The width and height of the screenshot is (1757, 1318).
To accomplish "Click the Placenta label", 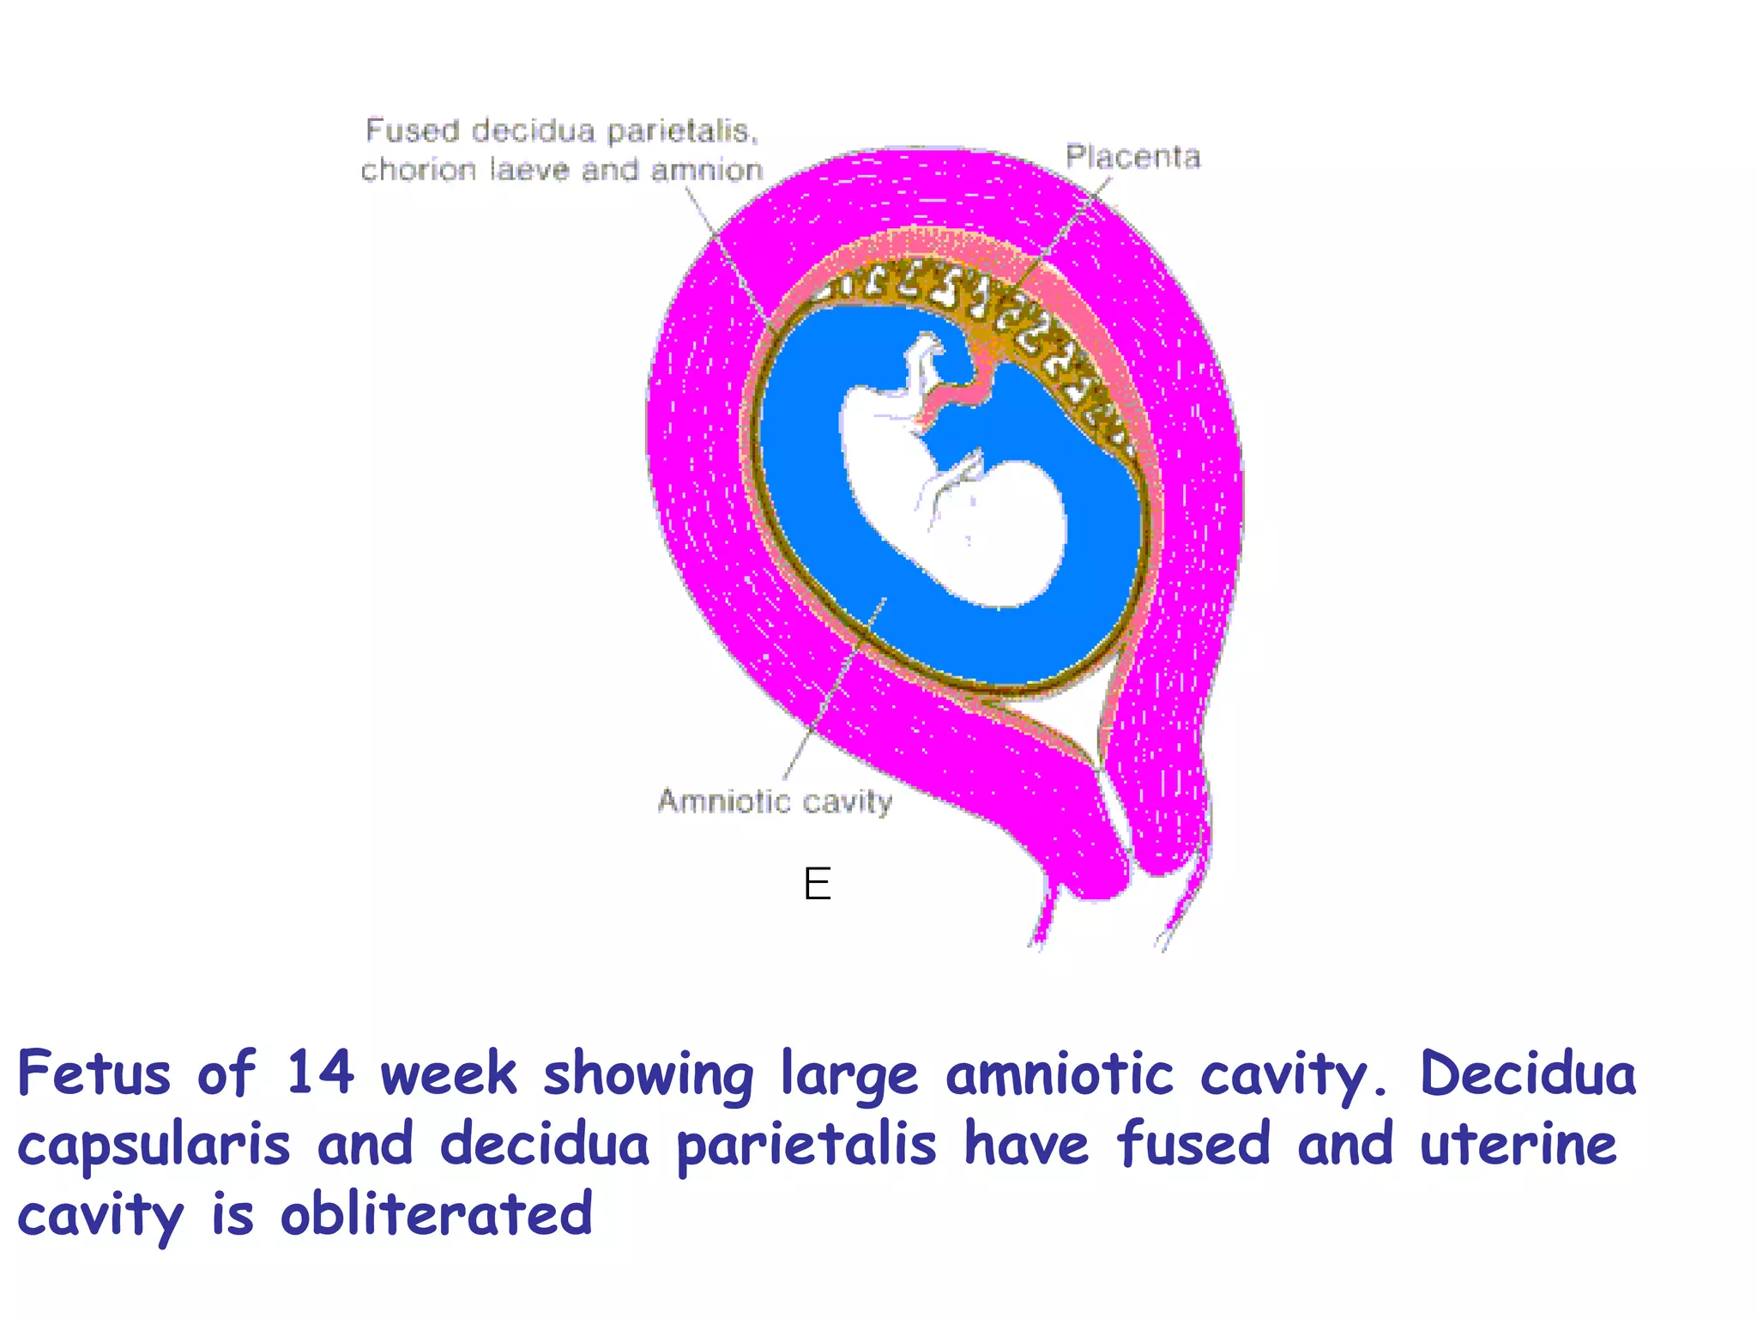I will coord(1132,157).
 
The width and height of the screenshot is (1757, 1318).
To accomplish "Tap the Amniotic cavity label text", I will coord(775,801).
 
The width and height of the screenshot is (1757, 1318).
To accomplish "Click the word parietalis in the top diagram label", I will coord(682,131).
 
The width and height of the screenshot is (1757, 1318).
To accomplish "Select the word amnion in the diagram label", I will coord(707,170).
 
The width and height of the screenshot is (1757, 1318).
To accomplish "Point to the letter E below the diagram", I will coord(818,884).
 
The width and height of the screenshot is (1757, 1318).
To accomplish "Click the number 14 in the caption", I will coord(319,1073).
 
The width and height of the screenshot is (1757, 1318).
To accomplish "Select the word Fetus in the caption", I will coord(94,1073).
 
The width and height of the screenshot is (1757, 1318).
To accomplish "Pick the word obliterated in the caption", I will coord(437,1214).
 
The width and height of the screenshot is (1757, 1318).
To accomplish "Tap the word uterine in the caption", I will coord(1518,1144).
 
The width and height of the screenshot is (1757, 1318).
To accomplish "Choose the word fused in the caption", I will coord(1193,1144).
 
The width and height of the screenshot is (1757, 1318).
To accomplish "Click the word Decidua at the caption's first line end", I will coord(1528,1073).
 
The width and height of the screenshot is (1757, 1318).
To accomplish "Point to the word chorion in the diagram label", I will coord(418,170).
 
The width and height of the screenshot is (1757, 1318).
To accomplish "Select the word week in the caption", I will coord(449,1073).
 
